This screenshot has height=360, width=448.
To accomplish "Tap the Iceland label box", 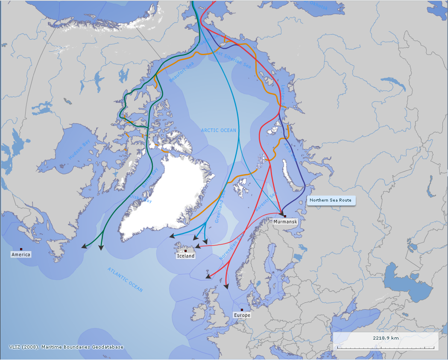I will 186,256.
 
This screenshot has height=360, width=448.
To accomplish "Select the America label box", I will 21,255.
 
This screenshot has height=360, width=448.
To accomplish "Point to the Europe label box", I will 242,315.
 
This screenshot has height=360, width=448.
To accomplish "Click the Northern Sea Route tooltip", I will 331,200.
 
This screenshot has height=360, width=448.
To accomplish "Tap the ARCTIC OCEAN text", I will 219,130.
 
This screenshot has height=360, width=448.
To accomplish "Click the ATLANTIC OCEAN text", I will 125,280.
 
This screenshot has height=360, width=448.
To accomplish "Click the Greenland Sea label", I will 220,207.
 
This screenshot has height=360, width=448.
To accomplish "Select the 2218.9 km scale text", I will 386,338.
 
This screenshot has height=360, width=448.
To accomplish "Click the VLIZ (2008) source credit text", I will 66,347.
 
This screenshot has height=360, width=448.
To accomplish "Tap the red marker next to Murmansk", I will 285,216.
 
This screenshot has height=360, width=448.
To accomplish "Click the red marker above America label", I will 21,249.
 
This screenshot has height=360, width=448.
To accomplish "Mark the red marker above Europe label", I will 242,310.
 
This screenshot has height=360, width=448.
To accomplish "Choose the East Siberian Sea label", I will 232,59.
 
